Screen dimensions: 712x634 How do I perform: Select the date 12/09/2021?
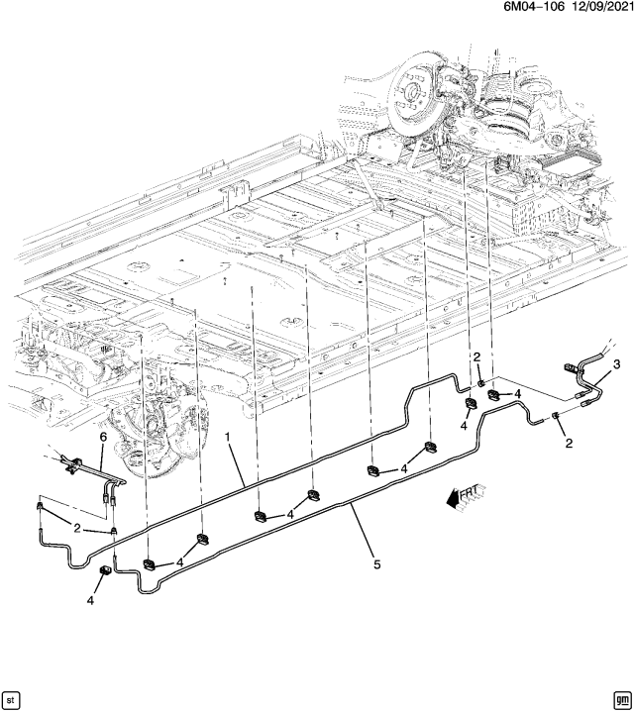point(593,8)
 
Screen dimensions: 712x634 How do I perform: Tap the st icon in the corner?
point(12,697)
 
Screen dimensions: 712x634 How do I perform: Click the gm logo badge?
point(621,697)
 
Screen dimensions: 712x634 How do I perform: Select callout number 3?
point(616,365)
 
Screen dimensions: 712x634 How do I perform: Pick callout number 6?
point(102,437)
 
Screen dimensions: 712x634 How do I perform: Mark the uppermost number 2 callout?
point(476,357)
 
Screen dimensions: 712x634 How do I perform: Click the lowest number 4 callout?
point(91,601)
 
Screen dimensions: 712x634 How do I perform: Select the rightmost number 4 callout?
point(518,394)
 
